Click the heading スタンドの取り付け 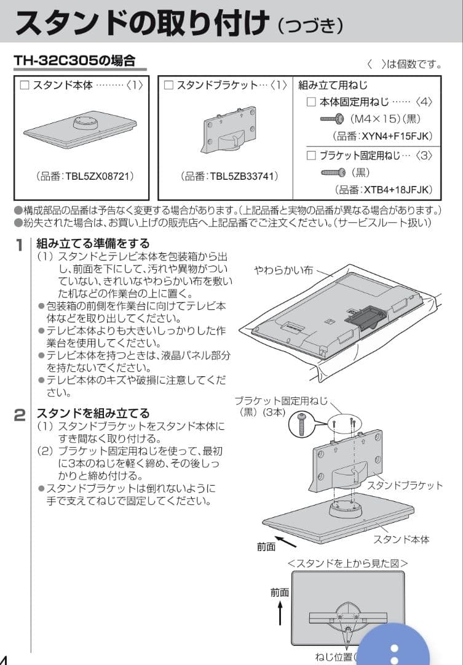click(141, 23)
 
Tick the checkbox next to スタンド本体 click(25, 86)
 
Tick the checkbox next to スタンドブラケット click(168, 86)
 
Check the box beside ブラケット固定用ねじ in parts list click(311, 155)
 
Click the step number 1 click(20, 245)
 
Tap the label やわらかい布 click(284, 270)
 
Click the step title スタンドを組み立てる click(93, 413)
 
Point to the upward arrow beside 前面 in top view click(280, 613)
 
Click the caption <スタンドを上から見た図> click(347, 563)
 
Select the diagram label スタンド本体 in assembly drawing click(401, 539)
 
